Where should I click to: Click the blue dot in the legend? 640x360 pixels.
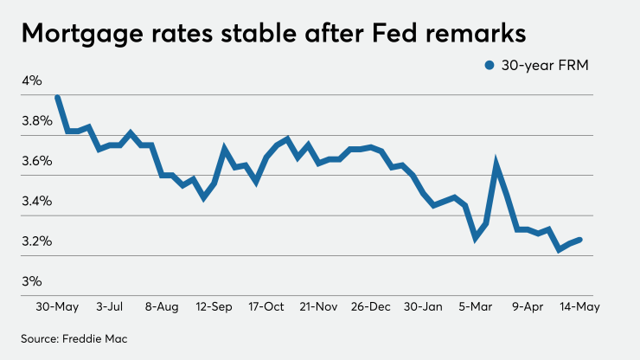pyautogui.click(x=490, y=66)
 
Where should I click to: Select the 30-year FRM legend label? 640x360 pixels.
pyautogui.click(x=544, y=66)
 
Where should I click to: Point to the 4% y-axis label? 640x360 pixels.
pyautogui.click(x=32, y=80)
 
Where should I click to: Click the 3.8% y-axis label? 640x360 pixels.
pyautogui.click(x=36, y=120)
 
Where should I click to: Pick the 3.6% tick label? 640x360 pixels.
pyautogui.click(x=36, y=161)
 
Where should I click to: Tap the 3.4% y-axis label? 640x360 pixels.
pyautogui.click(x=36, y=201)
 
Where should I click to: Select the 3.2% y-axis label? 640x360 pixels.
pyautogui.click(x=36, y=241)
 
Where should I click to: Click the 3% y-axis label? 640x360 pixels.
pyautogui.click(x=32, y=281)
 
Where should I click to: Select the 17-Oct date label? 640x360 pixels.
pyautogui.click(x=266, y=306)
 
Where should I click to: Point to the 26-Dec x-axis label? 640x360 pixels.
pyautogui.click(x=372, y=306)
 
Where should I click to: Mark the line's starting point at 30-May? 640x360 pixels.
pyautogui.click(x=57, y=98)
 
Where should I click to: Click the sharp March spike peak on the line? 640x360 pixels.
pyautogui.click(x=496, y=163)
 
